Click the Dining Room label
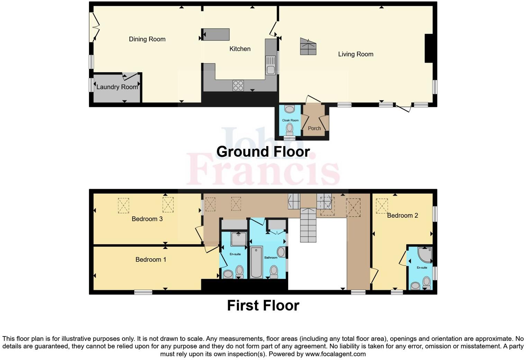point(147,39)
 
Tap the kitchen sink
point(271,66)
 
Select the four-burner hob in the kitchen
point(238,85)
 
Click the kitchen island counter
point(216,35)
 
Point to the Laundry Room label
point(117,87)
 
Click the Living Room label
point(356,54)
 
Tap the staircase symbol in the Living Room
point(308,47)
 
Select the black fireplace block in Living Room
point(429,48)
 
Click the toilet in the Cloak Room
point(289,129)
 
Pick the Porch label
point(314,128)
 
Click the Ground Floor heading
point(263,152)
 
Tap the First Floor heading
point(263,305)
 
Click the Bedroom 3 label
point(147,219)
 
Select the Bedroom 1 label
point(151,259)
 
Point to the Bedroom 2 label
point(402,215)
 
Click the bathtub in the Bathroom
point(256,262)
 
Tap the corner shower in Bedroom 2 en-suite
point(425,254)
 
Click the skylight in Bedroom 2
point(382,206)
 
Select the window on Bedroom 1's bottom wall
point(143,292)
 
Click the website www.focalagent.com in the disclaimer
point(335,354)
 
